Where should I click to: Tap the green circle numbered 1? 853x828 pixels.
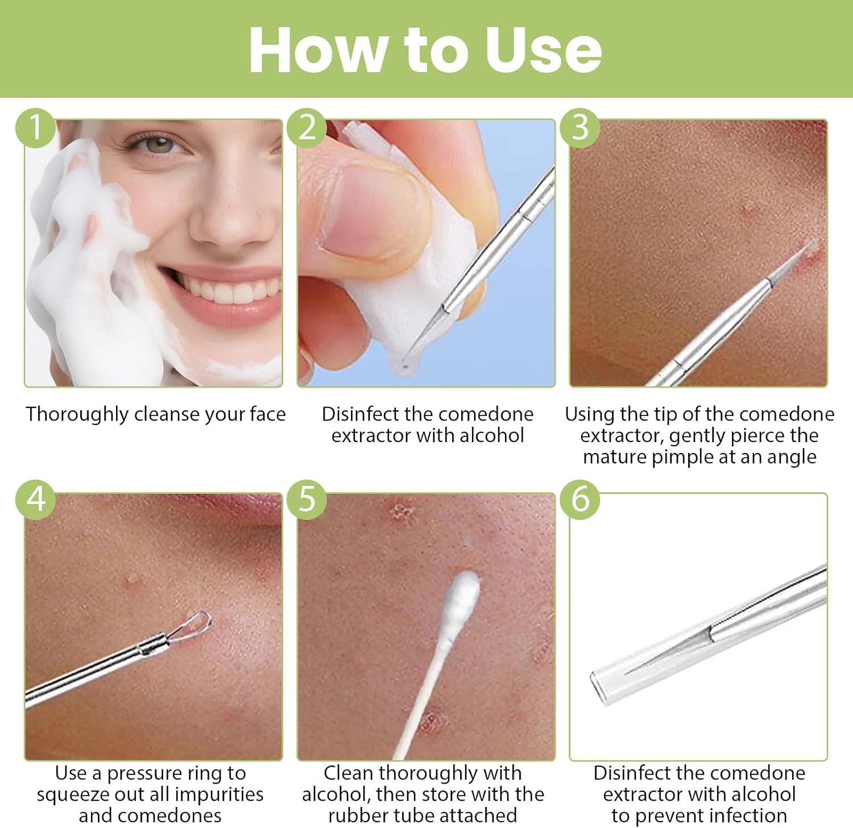pyautogui.click(x=35, y=127)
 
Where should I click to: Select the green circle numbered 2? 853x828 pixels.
pyautogui.click(x=307, y=127)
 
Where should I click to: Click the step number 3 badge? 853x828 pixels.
pyautogui.click(x=579, y=127)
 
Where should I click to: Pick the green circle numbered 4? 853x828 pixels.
pyautogui.click(x=35, y=500)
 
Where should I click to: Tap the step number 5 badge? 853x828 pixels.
pyautogui.click(x=307, y=500)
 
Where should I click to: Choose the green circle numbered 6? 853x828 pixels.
pyautogui.click(x=579, y=500)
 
